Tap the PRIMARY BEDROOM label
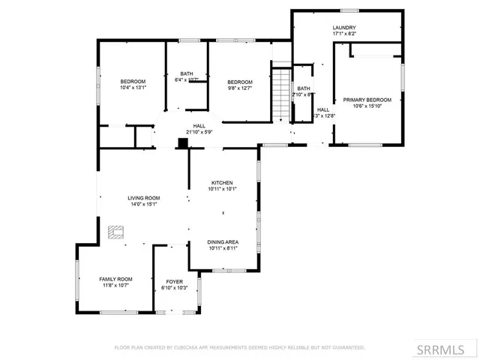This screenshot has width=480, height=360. click(x=367, y=100)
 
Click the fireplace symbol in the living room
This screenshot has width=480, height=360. click(x=115, y=232)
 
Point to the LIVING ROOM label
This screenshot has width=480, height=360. click(x=144, y=197)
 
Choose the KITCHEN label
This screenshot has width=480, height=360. click(x=221, y=183)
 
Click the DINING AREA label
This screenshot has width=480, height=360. click(x=223, y=241)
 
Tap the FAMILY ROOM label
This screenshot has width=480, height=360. click(x=115, y=279)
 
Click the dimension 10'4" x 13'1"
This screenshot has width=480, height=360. click(x=133, y=87)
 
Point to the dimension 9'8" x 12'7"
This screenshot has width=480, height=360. click(x=239, y=88)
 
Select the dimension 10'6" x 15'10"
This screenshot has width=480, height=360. click(x=367, y=106)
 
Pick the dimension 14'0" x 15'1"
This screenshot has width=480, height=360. click(x=144, y=203)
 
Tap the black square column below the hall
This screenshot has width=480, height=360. click(x=181, y=142)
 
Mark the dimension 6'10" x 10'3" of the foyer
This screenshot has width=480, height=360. click(x=174, y=288)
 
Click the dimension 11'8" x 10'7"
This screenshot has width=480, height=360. click(x=115, y=285)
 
